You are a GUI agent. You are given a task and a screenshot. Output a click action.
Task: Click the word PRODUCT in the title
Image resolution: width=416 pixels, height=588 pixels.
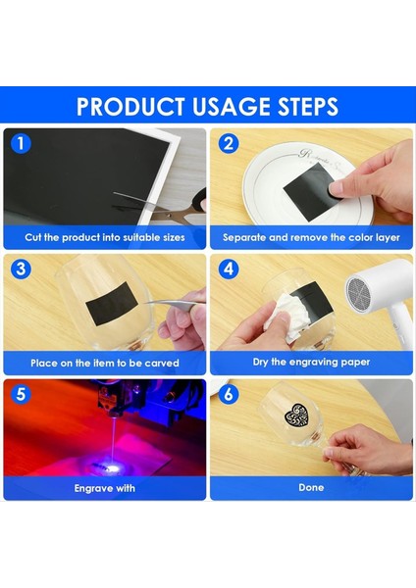[130, 107]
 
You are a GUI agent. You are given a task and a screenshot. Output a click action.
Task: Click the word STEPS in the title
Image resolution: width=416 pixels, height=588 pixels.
[308, 107]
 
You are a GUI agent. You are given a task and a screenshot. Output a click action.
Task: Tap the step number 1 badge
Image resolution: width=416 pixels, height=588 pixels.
[21, 144]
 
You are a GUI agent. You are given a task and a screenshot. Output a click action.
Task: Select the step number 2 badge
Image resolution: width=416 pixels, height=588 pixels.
[229, 144]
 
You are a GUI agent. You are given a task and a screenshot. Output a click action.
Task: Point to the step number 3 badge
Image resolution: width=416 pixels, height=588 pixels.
[21, 269]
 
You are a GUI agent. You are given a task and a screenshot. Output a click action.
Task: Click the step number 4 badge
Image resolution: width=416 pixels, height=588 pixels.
[229, 269]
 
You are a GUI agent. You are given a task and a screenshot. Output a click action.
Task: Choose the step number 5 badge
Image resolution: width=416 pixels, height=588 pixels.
[21, 394]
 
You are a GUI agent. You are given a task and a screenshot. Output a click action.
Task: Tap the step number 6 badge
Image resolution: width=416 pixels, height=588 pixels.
[229, 394]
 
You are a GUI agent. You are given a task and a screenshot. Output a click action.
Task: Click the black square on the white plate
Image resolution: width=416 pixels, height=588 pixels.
[310, 191]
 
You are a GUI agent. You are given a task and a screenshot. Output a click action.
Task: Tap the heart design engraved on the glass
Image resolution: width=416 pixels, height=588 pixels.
[296, 415]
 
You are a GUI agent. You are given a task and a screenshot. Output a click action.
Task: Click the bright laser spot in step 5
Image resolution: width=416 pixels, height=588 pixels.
[113, 467]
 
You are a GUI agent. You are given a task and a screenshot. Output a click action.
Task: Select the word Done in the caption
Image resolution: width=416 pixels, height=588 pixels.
[311, 487]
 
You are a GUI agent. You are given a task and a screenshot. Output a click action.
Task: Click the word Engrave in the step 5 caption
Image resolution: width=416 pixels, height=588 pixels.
[92, 488]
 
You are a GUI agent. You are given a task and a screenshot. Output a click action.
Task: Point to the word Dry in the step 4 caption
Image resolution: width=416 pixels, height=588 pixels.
[261, 362]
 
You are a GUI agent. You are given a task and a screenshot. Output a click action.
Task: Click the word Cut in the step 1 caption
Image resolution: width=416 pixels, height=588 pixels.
[33, 237]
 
